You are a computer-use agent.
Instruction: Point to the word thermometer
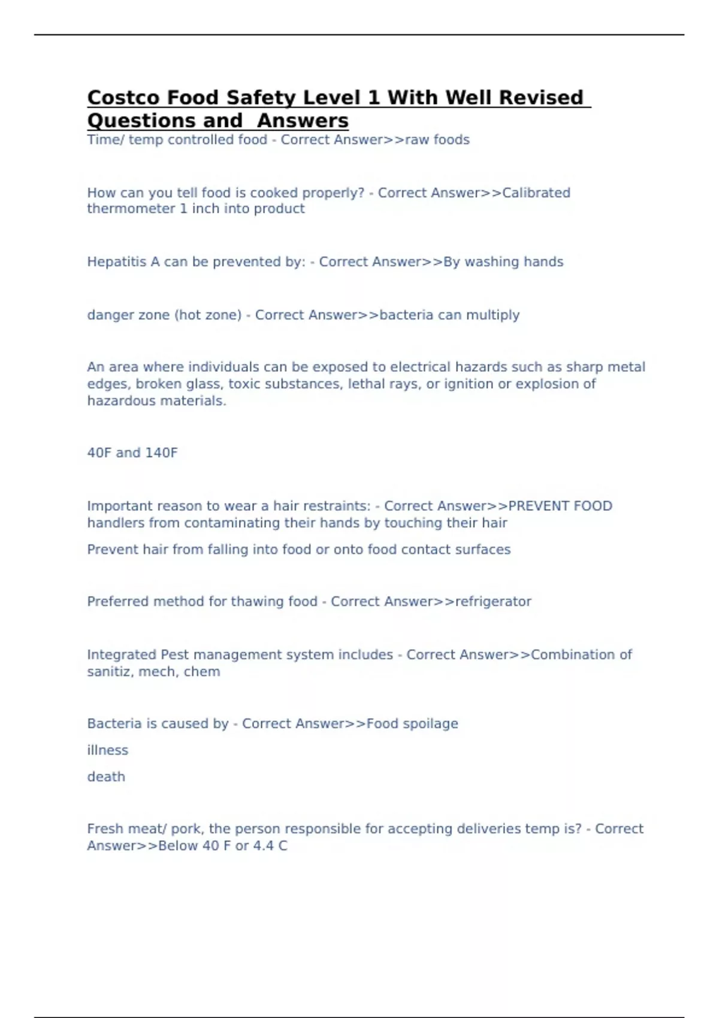(x=131, y=208)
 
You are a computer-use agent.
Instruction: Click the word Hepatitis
(x=117, y=262)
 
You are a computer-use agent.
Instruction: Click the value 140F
(x=161, y=453)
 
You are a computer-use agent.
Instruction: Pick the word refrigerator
(x=493, y=601)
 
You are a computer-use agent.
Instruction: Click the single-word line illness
(x=107, y=750)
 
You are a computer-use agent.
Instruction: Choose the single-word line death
(x=106, y=777)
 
